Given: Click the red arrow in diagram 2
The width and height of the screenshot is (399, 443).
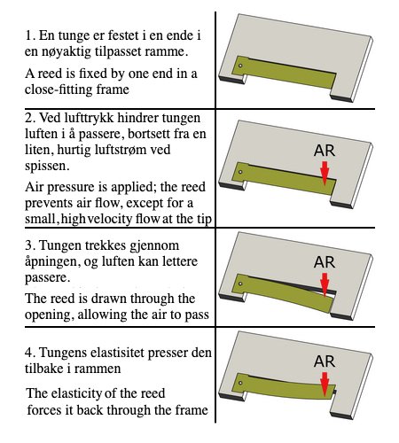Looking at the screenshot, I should coord(325,171).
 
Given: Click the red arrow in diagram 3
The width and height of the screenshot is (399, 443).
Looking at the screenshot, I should coord(325,284).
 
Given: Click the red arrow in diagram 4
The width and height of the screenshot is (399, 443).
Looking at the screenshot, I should coord(325,384).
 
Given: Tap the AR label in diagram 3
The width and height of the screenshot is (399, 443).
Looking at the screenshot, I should coord(325,262).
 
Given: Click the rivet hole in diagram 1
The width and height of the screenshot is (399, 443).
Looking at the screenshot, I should coord(239,65).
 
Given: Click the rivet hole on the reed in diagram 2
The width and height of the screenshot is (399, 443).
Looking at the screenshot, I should coord(239,167).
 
